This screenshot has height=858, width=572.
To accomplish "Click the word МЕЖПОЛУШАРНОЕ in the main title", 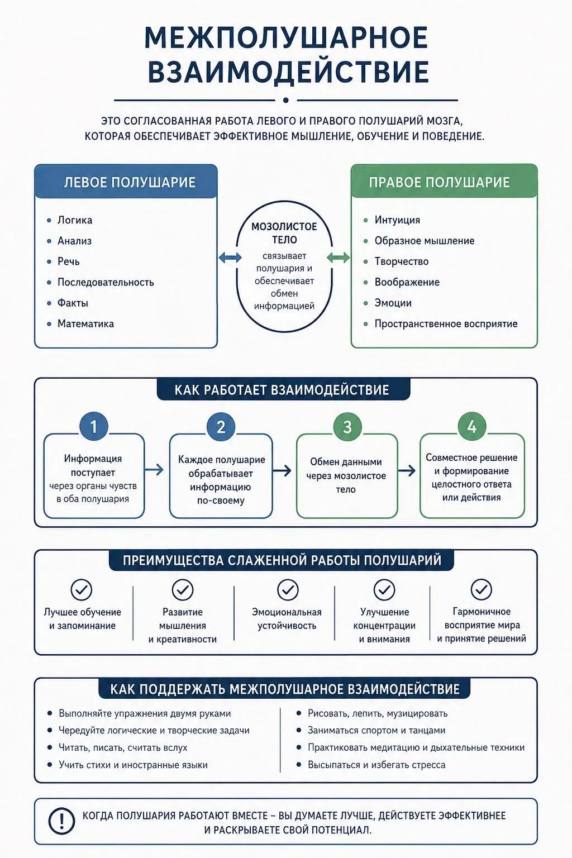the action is tap(286, 37).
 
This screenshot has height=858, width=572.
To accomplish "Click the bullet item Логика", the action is tap(75, 220).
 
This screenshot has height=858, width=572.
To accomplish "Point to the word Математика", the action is tap(85, 323).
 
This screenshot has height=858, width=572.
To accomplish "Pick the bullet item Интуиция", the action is tap(397, 220).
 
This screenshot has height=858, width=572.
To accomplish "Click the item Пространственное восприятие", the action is tap(446, 323).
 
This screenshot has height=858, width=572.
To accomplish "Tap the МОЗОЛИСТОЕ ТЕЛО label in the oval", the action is tap(284, 233).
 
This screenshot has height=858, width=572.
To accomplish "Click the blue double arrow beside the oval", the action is tap(230, 258).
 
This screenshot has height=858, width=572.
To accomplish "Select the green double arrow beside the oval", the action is tap(339, 258).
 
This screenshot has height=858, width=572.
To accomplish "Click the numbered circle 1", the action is tap(93, 426).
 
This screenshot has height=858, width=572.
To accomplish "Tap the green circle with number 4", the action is tap(472, 426).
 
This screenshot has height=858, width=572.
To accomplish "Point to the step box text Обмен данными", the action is tap(346, 462).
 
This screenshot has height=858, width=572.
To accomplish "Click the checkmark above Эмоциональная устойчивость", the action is tap(288, 590).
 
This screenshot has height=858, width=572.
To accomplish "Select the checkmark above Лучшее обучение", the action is tap(82, 590).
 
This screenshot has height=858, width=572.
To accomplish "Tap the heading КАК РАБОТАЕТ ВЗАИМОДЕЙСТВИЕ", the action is tap(282, 390).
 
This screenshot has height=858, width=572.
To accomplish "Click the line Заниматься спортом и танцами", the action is tap(376, 731).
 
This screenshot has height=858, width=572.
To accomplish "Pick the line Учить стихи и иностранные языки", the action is tap(133, 765).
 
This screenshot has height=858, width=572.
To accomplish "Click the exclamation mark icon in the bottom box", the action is tap(61, 820).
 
